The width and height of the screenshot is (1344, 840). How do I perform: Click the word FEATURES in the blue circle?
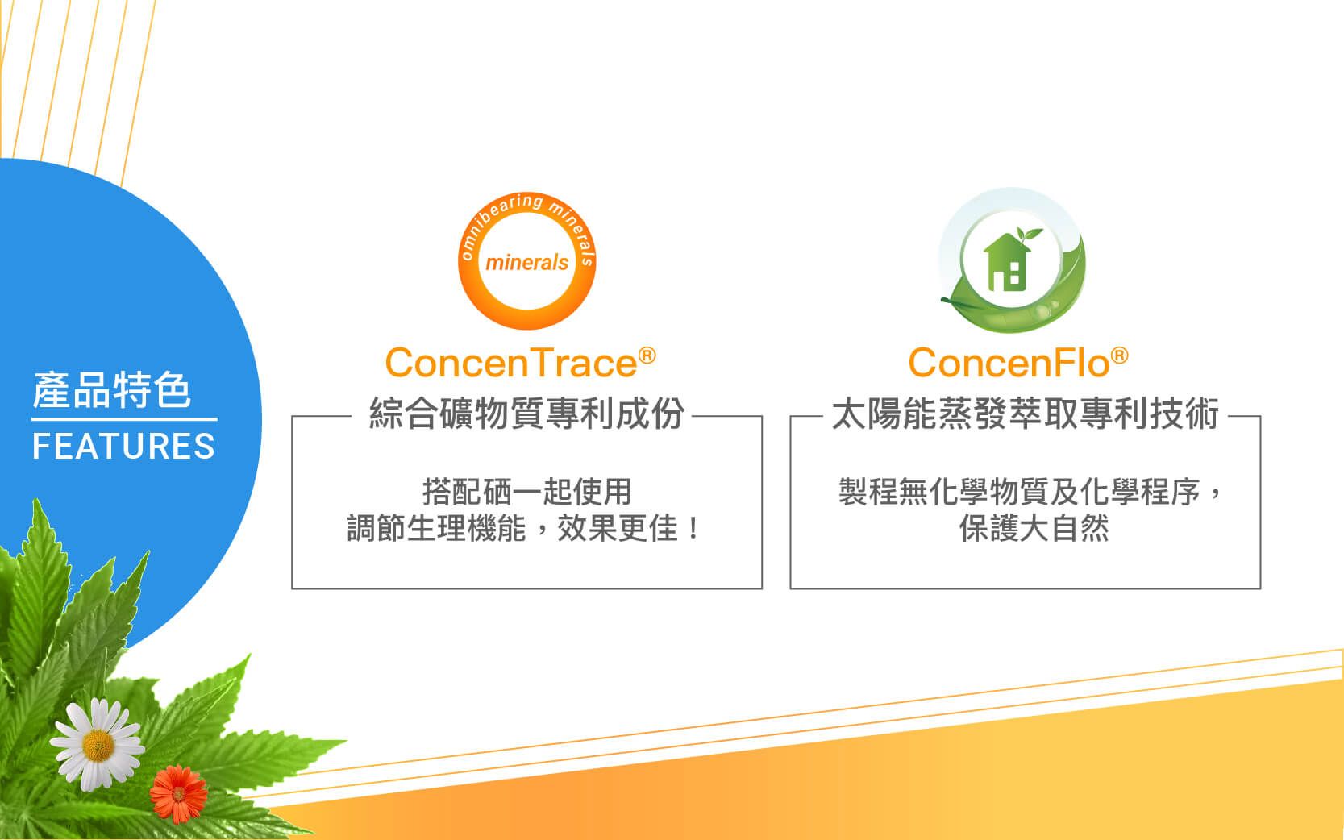pyautogui.click(x=123, y=446)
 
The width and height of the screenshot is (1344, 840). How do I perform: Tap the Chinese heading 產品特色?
pyautogui.click(x=111, y=389)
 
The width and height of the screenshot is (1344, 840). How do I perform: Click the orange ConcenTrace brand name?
pyautogui.click(x=510, y=363)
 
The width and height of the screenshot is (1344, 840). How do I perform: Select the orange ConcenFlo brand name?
pyautogui.click(x=1009, y=363)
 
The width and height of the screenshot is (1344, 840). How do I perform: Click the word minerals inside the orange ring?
pyautogui.click(x=526, y=263)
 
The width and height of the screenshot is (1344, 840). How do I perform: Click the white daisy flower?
pyautogui.click(x=98, y=744)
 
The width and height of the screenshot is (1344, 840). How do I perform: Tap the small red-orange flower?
pyautogui.click(x=178, y=793)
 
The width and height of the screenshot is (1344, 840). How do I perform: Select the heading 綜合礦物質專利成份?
pyautogui.click(x=526, y=414)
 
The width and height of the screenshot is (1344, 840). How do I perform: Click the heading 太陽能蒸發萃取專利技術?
pyautogui.click(x=1026, y=414)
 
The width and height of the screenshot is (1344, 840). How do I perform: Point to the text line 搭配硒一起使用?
pyautogui.click(x=526, y=492)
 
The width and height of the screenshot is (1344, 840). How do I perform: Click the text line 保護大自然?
pyautogui.click(x=1034, y=529)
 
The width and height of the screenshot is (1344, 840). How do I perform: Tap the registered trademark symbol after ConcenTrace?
pyautogui.click(x=647, y=356)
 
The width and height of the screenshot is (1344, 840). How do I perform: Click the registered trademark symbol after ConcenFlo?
pyautogui.click(x=1120, y=356)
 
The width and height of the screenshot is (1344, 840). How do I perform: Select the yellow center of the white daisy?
pyautogui.click(x=98, y=746)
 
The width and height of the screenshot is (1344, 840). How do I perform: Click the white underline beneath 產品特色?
pyautogui.click(x=124, y=419)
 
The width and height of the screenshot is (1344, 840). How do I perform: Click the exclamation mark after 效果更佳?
pyautogui.click(x=693, y=529)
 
